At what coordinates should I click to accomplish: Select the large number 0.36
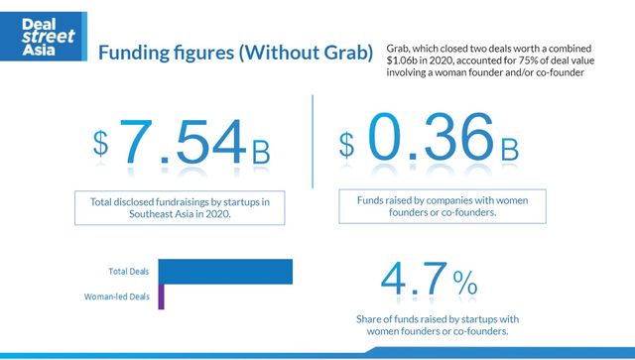(428, 141)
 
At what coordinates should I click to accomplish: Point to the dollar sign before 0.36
(346, 143)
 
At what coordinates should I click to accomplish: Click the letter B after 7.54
(261, 153)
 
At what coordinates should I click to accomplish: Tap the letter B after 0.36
(509, 151)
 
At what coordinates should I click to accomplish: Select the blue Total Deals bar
(225, 271)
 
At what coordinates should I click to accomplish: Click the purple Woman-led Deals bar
(161, 296)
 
